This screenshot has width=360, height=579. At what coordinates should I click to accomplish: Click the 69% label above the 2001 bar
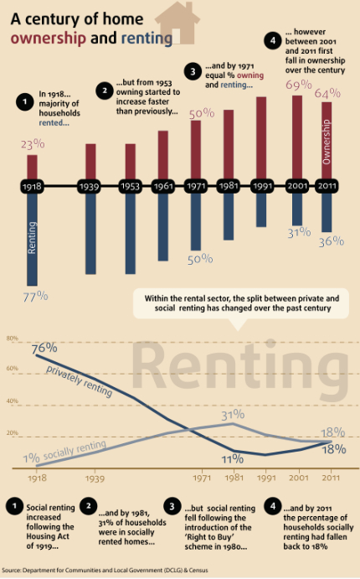(298, 85)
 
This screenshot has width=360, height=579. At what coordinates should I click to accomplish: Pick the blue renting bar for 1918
(33, 239)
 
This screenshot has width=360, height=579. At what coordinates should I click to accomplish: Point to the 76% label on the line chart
(44, 347)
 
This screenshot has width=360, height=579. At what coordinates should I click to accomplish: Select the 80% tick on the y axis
(12, 338)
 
